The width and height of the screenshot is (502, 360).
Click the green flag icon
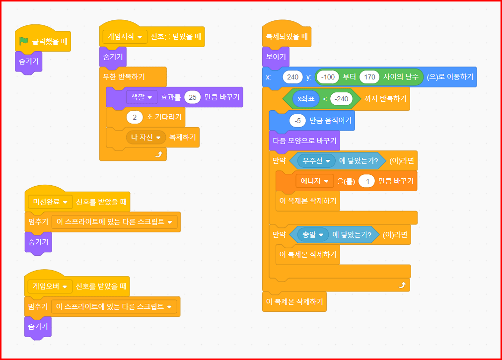pos(23,42)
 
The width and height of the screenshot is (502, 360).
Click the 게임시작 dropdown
pos(125,37)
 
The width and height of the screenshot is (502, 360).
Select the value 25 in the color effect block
pos(193,97)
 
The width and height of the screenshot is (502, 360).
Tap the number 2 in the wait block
pos(134,118)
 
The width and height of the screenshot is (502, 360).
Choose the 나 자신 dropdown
pos(145,137)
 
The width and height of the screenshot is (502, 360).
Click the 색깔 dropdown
pos(142,97)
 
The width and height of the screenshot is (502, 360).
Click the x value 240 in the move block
pos(292,77)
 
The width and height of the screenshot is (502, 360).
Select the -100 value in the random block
pos(329,77)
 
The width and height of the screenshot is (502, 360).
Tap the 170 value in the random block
pos(369,77)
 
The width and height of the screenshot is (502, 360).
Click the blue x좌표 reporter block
pos(306,99)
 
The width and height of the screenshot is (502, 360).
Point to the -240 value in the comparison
pos(341,99)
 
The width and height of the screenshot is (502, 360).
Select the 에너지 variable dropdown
pos(314,181)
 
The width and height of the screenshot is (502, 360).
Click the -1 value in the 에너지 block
pos(366,181)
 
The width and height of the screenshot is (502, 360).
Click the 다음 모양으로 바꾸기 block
pos(304,141)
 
